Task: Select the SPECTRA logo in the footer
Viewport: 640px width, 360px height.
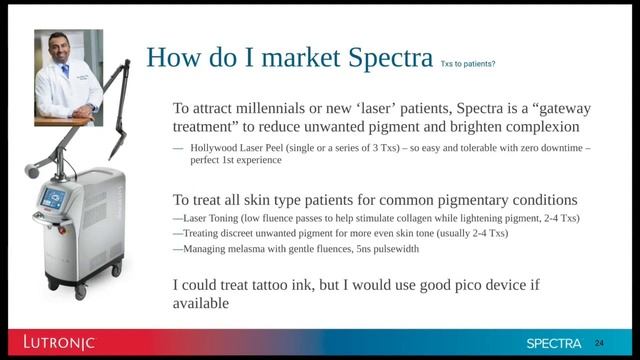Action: coord(554,343)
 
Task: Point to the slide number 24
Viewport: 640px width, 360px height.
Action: coord(600,342)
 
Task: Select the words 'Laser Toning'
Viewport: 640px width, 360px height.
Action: coord(209,218)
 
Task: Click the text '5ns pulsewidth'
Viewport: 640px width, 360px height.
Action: coord(386,248)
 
